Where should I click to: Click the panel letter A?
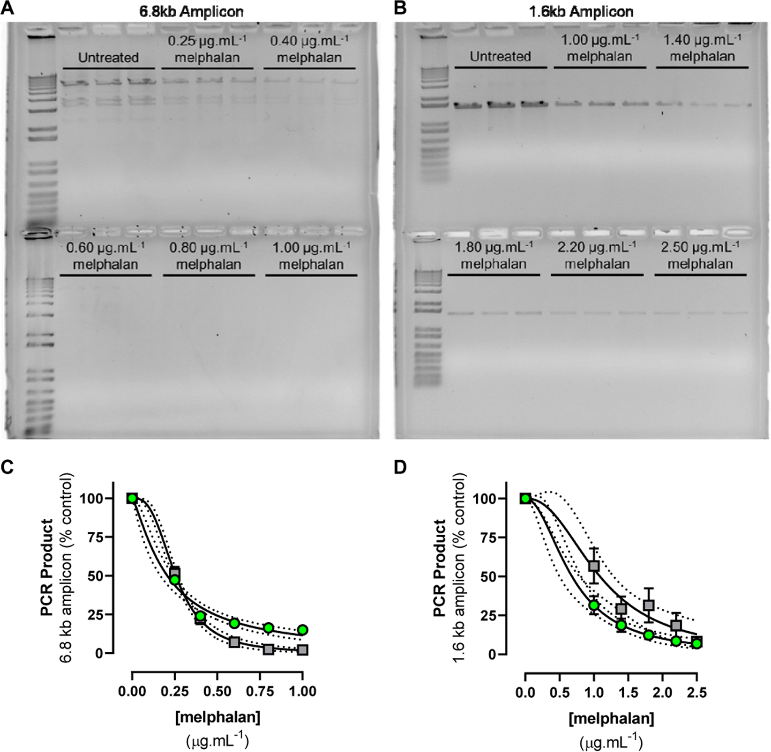coord(8,9)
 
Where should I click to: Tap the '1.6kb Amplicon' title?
coord(581,12)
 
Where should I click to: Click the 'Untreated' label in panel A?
coord(108,58)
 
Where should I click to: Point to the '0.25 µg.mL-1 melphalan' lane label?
coord(208,49)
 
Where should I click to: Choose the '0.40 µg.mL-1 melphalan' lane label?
coord(309,49)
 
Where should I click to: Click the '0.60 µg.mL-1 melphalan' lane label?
coord(106,256)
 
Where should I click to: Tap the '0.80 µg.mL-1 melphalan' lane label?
coord(209,256)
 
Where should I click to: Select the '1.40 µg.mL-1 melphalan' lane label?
coord(702,48)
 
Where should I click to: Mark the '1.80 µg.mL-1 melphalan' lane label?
coord(494,255)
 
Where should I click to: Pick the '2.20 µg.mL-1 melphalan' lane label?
coord(597,255)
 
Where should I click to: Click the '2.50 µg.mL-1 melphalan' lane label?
coord(700,255)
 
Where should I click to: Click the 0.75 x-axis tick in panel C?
coord(268,691)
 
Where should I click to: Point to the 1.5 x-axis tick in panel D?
coord(628,692)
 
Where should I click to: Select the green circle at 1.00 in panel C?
coord(303,630)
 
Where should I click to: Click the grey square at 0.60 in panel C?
coord(234,642)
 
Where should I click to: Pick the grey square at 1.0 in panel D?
coord(594,566)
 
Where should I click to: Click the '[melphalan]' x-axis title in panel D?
coord(612,718)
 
